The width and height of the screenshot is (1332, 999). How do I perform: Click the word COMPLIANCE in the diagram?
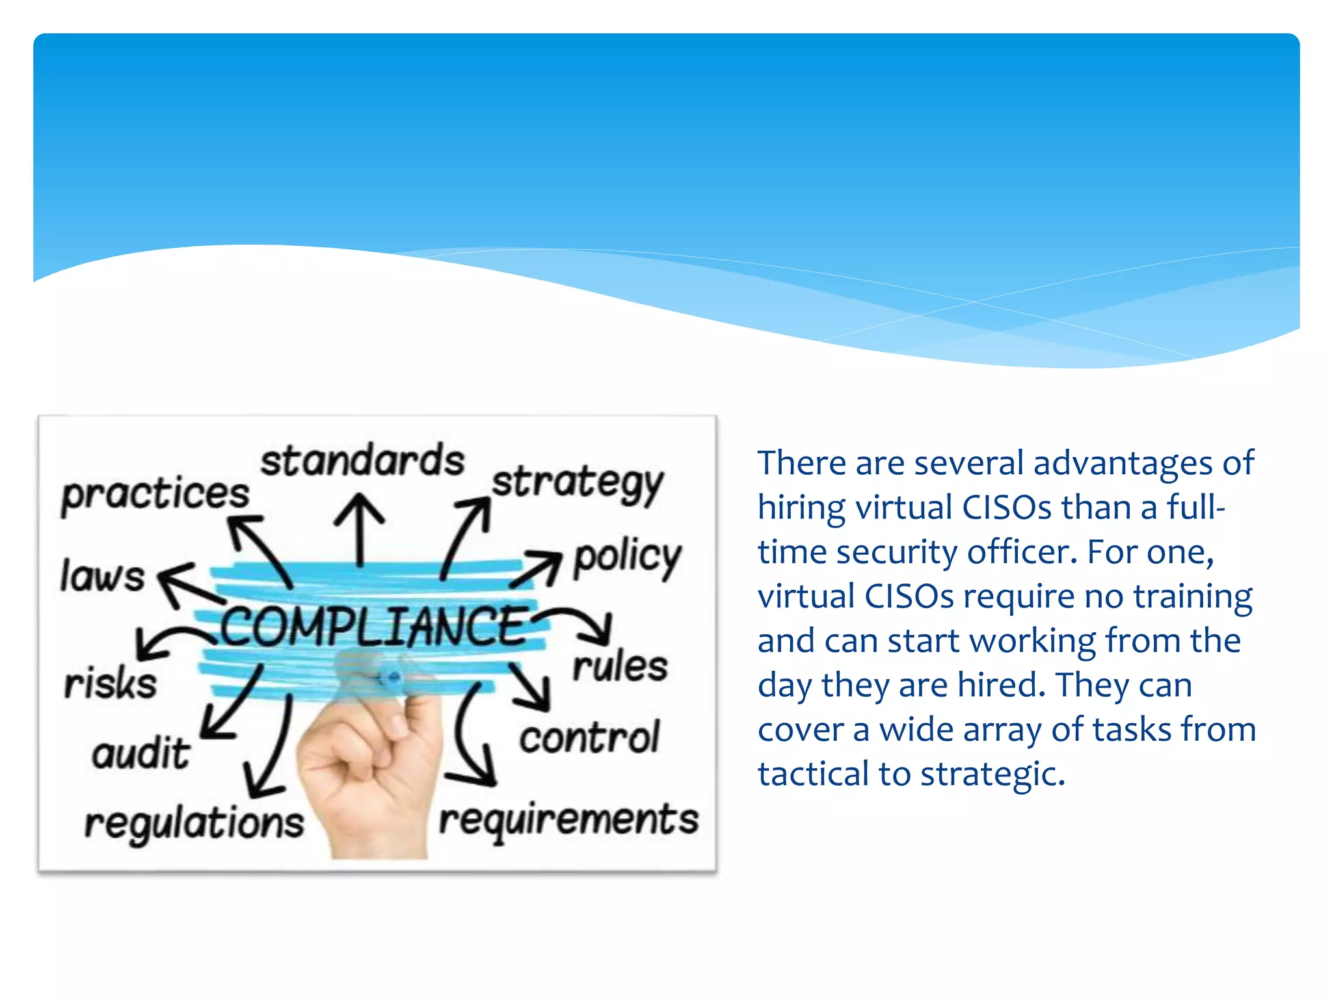pos(373,626)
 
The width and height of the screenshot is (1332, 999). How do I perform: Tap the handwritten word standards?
pos(362,460)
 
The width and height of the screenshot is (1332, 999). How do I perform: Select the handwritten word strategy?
pos(578,484)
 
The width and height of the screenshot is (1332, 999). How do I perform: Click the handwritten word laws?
pos(102,576)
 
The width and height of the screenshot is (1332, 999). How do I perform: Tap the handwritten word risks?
pos(111,684)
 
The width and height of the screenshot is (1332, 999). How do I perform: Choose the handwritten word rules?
pos(620,666)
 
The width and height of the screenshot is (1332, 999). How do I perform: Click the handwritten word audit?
pos(141,753)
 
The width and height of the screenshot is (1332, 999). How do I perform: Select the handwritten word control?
pos(589,738)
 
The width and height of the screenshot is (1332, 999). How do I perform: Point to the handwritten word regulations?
pos(194,823)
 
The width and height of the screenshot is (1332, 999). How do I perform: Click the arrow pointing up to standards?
pos(359,527)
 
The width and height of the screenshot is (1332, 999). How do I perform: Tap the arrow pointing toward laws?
pos(189,584)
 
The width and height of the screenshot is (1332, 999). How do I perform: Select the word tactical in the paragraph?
pos(812,774)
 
